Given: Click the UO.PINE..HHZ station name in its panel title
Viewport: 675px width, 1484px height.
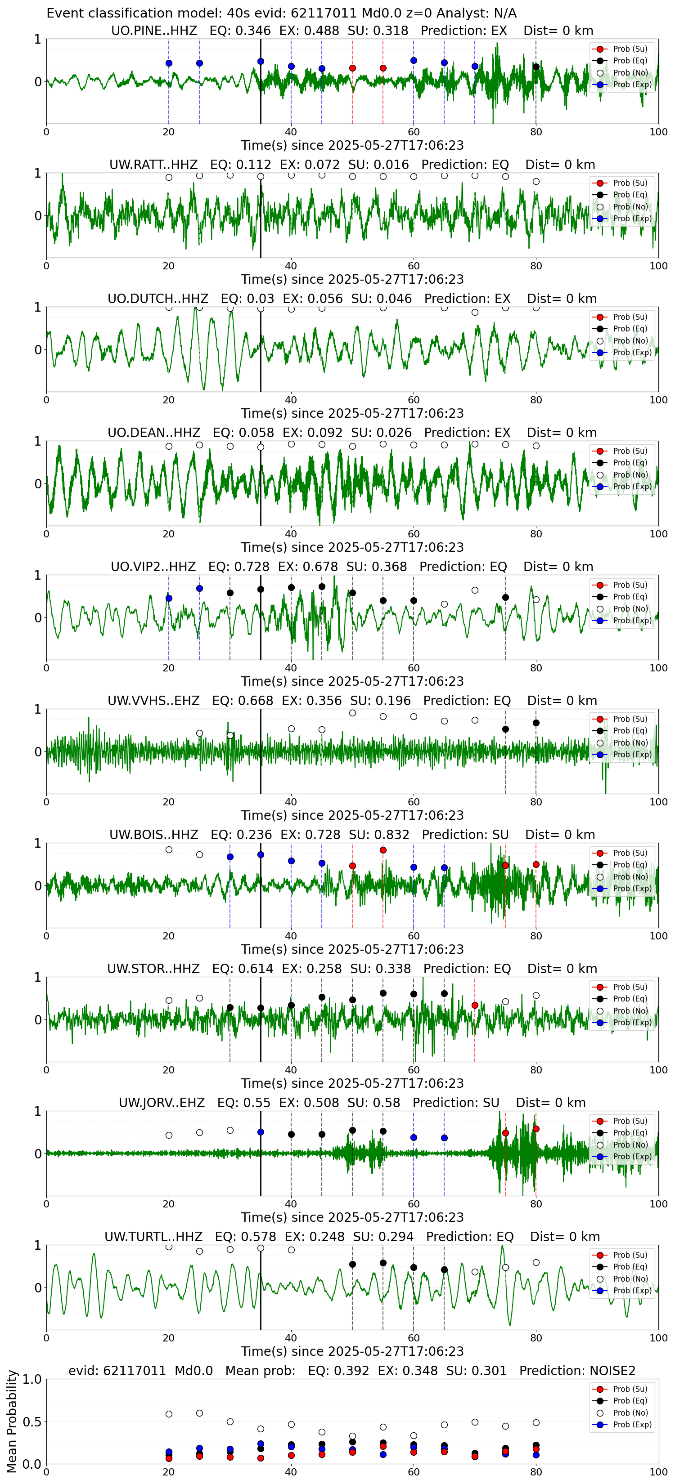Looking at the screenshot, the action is click(x=154, y=31).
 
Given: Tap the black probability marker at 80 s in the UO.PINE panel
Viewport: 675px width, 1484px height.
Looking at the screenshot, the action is click(x=536, y=67).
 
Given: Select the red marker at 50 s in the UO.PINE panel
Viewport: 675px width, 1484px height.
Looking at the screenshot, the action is click(x=352, y=68).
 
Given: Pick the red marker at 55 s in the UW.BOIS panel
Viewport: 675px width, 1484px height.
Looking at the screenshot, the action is click(x=383, y=850).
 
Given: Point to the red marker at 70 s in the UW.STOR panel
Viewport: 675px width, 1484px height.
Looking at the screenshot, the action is click(x=475, y=1005).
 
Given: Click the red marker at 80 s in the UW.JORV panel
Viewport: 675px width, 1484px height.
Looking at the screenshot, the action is click(x=536, y=1129).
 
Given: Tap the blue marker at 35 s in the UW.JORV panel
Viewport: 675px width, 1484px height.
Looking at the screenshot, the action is click(x=261, y=1132).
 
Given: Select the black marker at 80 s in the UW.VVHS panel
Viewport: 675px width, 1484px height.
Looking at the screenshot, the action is click(x=536, y=723).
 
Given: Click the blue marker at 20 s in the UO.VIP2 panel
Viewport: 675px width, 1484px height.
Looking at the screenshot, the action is click(x=169, y=599).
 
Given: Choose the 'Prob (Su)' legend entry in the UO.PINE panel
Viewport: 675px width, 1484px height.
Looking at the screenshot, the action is click(x=621, y=49).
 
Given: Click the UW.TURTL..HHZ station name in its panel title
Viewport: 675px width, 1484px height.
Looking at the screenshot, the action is click(x=153, y=1237).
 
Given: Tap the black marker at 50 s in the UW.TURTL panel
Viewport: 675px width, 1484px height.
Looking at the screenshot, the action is click(x=352, y=1265).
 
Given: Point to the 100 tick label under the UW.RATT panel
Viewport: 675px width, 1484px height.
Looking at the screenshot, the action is click(x=658, y=266).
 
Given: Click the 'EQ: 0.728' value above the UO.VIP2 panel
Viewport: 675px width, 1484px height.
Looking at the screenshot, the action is click(x=238, y=567).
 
